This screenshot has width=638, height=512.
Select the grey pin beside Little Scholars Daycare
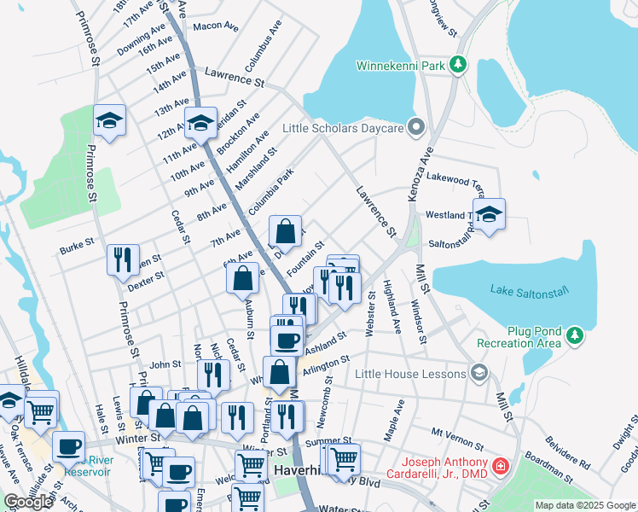point(416,128)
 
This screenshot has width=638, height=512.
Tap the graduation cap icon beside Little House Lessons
point(479,373)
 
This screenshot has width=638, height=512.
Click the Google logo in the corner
point(28,502)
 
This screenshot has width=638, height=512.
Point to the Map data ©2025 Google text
point(585,505)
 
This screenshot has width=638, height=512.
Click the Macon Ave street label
point(216,26)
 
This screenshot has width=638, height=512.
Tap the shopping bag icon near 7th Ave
point(286,230)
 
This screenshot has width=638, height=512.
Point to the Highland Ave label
point(392,306)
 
